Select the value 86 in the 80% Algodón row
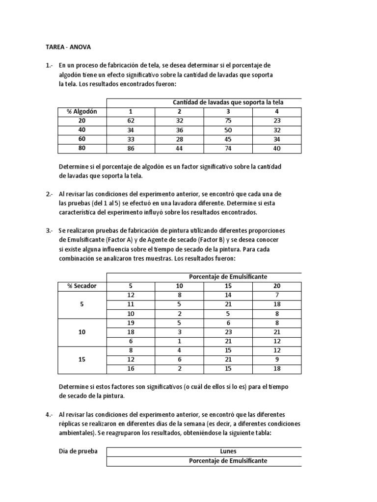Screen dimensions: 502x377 click(x=131, y=148)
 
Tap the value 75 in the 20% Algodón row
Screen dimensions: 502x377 click(x=228, y=121)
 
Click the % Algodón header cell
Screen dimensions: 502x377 click(x=82, y=111)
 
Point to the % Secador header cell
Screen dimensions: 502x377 click(x=82, y=286)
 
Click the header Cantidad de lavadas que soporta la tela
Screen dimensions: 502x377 click(x=228, y=102)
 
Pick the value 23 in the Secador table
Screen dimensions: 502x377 click(x=228, y=331)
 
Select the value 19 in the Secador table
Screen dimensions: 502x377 click(x=131, y=323)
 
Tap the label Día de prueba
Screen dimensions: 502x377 click(x=78, y=452)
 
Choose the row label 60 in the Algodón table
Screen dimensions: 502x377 click(x=82, y=139)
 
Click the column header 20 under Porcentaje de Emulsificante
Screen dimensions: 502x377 click(x=277, y=286)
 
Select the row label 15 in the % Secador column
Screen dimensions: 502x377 click(x=82, y=359)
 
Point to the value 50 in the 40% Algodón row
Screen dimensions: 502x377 click(x=228, y=130)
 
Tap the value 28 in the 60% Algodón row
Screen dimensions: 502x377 click(x=180, y=139)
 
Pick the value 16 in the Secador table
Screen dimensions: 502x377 click(x=131, y=369)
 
